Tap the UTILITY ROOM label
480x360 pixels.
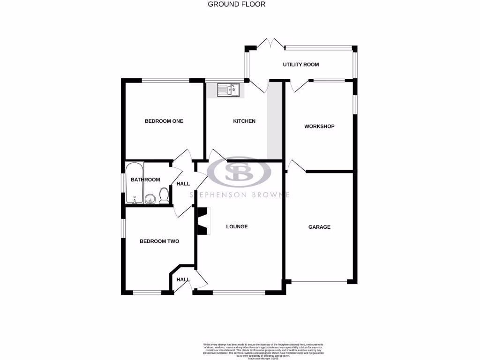click(x=300, y=65)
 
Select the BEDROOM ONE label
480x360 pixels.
click(x=164, y=121)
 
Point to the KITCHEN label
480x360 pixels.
click(x=244, y=121)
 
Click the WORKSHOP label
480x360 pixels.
click(x=319, y=127)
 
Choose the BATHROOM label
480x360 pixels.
click(x=145, y=180)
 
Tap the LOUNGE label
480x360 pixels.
click(x=237, y=227)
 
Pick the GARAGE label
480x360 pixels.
click(x=319, y=227)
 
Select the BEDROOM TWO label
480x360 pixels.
click(x=159, y=241)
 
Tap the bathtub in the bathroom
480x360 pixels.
click(x=135, y=183)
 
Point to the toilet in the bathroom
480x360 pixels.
click(x=164, y=195)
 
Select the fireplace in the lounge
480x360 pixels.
click(x=202, y=220)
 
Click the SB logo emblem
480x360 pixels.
click(x=239, y=172)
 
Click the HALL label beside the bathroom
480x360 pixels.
click(x=183, y=183)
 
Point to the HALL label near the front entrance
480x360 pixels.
click(x=183, y=280)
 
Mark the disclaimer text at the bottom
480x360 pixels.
click(x=263, y=351)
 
